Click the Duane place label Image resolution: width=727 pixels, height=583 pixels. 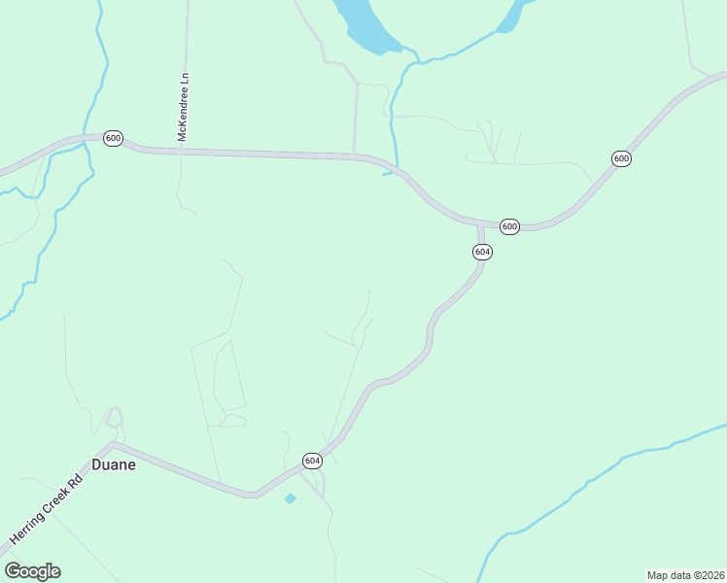(x=114, y=464)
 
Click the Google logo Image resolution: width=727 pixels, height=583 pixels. (x=32, y=571)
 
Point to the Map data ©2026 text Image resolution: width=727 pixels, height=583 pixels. (x=685, y=574)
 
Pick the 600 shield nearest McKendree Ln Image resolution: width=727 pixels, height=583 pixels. (x=113, y=139)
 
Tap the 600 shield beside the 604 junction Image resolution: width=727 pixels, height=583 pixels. (x=509, y=226)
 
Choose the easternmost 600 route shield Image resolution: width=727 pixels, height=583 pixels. (x=622, y=158)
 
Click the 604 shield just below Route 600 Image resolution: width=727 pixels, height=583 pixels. (x=482, y=252)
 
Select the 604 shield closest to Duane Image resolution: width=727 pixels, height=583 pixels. (x=311, y=460)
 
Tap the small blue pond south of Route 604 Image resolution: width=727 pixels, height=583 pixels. (x=290, y=498)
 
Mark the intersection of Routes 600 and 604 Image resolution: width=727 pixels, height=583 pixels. (x=480, y=224)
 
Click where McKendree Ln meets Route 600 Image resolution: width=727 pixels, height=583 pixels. (x=182, y=151)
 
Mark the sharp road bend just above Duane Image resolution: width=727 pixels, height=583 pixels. (x=114, y=444)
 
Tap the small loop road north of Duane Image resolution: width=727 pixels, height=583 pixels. (x=115, y=418)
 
